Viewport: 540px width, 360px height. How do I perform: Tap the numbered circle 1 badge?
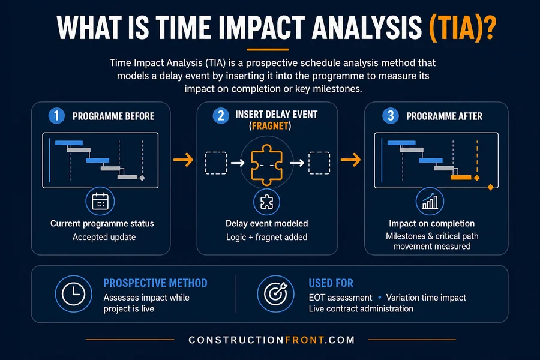pyautogui.click(x=56, y=116)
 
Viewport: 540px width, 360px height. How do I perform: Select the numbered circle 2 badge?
pyautogui.click(x=221, y=116)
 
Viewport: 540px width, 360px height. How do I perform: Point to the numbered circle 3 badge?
pyautogui.click(x=391, y=116)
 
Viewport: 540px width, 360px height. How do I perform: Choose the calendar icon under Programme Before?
pyautogui.click(x=100, y=202)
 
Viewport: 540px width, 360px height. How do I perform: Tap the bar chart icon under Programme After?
pyautogui.click(x=430, y=202)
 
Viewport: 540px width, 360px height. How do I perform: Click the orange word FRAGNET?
pyautogui.click(x=270, y=126)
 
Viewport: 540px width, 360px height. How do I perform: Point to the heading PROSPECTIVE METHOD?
pyautogui.click(x=155, y=283)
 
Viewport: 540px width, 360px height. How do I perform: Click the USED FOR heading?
pyautogui.click(x=331, y=283)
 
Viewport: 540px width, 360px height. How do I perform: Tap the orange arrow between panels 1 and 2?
pyautogui.click(x=183, y=160)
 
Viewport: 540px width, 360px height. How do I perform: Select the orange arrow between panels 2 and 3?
pyautogui.click(x=350, y=160)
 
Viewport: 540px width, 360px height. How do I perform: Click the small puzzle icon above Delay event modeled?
pyautogui.click(x=266, y=202)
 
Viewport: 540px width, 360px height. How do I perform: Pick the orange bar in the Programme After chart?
pyautogui.click(x=461, y=178)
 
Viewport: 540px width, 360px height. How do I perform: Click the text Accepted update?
pyautogui.click(x=104, y=238)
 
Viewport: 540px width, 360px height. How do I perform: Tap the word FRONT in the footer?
pyautogui.click(x=305, y=340)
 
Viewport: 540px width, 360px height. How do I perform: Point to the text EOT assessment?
pyautogui.click(x=340, y=298)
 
